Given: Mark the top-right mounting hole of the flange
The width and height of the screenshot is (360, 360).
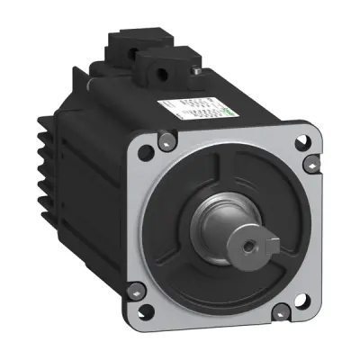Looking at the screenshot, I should point(310,163).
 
